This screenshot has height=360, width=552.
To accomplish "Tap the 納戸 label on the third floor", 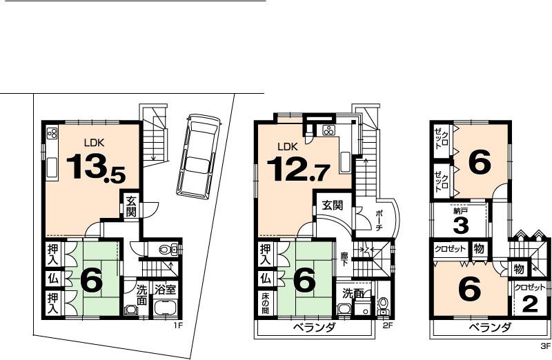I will [460, 212].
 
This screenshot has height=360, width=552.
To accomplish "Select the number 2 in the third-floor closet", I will [529, 304].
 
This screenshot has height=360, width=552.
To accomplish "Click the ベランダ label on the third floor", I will [489, 328].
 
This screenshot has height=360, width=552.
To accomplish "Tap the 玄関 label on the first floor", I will [130, 206].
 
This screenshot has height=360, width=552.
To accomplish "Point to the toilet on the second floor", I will [384, 303].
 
